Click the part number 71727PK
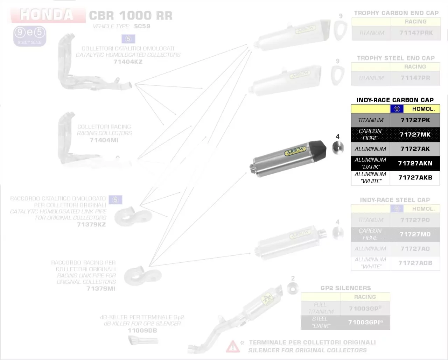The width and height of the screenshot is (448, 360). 415,120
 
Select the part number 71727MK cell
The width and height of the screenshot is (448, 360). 415,135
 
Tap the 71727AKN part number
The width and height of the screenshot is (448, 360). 415,163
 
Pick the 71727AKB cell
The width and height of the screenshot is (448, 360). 415,178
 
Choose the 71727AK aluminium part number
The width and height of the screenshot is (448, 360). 415,149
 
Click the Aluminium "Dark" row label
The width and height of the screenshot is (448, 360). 370,163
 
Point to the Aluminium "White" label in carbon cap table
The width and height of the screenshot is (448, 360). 370,178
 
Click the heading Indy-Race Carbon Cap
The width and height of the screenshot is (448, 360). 395,100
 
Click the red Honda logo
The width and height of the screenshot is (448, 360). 47,15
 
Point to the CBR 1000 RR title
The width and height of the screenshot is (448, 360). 131,16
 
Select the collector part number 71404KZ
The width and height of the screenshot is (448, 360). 128,62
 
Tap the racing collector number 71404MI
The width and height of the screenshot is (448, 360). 104,140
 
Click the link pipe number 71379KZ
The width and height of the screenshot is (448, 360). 91,224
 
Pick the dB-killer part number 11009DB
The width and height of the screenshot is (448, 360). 142,330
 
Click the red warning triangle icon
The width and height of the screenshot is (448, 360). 232,346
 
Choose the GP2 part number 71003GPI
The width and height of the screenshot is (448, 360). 364,322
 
